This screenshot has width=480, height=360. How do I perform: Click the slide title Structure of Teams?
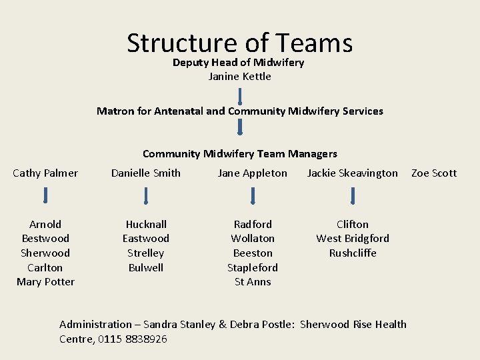tap(239, 43)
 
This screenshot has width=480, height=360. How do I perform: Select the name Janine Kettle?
tap(239, 76)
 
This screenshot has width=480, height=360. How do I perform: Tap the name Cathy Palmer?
tap(45, 173)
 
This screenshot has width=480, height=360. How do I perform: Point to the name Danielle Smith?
tap(145, 173)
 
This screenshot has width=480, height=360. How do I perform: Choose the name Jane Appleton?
tap(253, 173)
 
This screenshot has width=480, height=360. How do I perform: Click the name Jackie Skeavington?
tap(352, 173)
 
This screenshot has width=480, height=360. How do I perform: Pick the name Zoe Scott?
tap(434, 173)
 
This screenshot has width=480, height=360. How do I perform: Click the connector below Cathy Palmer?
tap(45, 195)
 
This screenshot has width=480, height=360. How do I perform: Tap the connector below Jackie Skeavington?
tap(353, 195)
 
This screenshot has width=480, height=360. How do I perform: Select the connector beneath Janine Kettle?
tap(240, 95)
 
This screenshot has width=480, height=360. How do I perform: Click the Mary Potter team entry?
tap(45, 281)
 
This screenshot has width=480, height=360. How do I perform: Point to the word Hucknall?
tap(146, 224)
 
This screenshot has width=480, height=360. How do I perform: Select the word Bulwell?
tap(146, 267)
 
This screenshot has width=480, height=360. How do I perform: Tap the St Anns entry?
tap(253, 281)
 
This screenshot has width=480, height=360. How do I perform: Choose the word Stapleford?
tap(253, 267)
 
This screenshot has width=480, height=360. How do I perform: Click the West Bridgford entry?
tap(353, 238)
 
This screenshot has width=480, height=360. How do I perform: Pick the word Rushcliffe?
tap(353, 253)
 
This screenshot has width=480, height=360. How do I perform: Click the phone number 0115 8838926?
tap(133, 339)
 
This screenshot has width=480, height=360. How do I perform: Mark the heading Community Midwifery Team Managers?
tap(240, 153)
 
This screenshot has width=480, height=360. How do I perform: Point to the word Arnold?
tap(45, 224)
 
